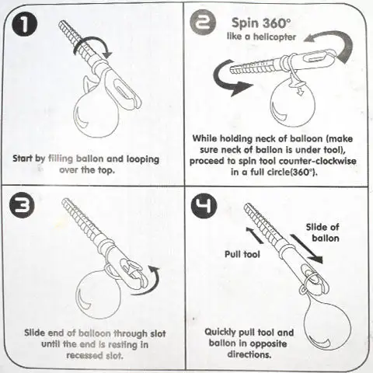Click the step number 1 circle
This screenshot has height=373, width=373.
(25, 24)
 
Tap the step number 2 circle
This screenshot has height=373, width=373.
(203, 23)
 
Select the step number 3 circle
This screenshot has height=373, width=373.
(22, 205)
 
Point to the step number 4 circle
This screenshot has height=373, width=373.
(204, 206)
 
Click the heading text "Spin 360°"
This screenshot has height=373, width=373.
(261, 23)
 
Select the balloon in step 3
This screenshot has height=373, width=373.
(99, 294)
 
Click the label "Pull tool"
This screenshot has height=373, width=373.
(242, 254)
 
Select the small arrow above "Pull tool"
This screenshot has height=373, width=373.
(254, 235)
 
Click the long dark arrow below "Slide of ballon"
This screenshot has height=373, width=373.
(306, 249)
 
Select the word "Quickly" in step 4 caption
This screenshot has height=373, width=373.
(220, 333)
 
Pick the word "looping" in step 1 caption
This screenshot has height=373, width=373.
(142, 159)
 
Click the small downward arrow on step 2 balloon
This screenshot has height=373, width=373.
(300, 92)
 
